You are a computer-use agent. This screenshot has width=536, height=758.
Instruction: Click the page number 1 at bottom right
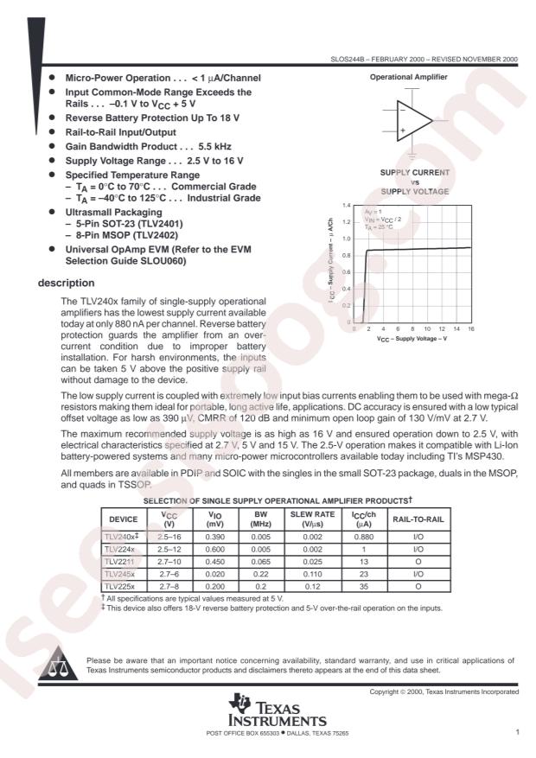point(516,733)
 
